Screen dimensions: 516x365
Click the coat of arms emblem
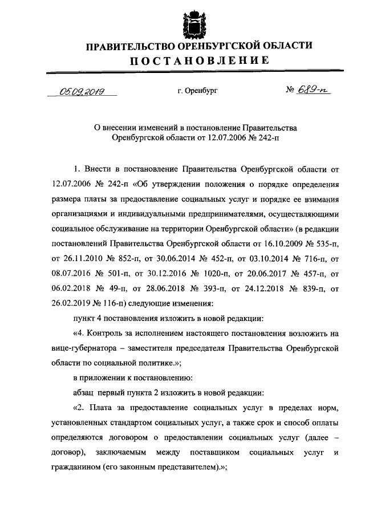point(189,22)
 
